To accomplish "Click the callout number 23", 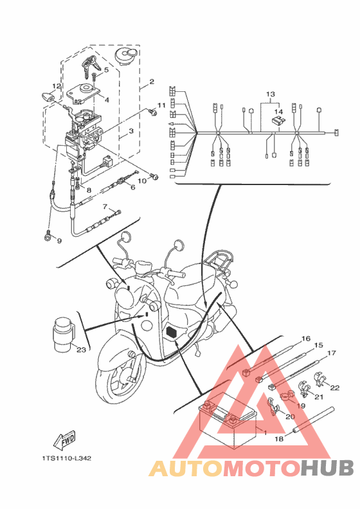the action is (81, 350).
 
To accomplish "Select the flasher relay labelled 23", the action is (64, 334).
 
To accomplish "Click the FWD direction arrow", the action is (65, 441).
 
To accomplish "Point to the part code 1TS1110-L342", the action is (66, 458).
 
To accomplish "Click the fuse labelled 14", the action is (278, 121).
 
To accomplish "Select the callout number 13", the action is (271, 94).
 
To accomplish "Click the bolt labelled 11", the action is (152, 112).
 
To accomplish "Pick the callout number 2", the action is (152, 82).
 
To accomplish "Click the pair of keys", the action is (90, 66).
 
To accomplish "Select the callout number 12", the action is (57, 86).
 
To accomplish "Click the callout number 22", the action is (335, 388).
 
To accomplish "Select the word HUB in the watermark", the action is (327, 468).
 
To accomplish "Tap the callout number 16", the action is (306, 339).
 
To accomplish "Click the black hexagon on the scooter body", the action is (171, 332).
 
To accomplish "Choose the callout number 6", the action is (133, 187).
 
